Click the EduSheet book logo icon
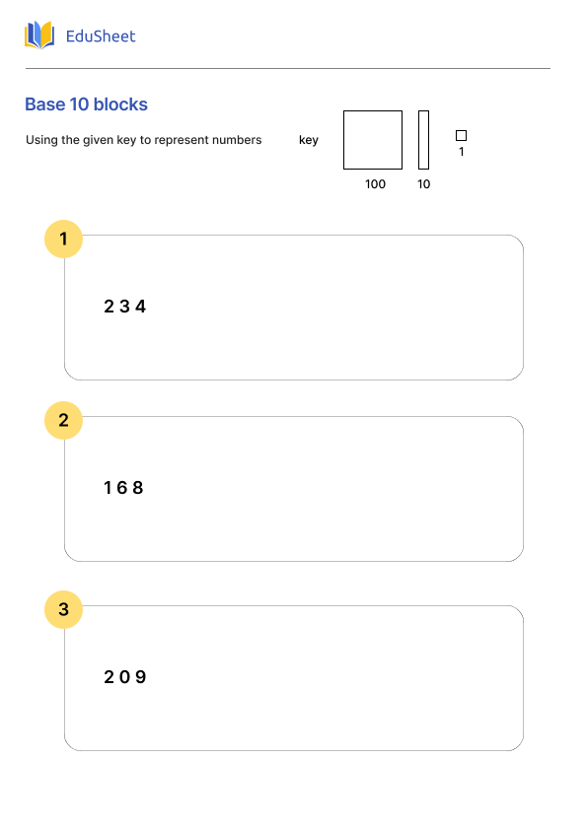click(39, 35)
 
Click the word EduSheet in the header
click(101, 36)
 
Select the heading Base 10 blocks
click(86, 104)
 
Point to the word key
click(309, 140)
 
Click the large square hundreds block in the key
click(373, 140)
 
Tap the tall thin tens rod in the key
click(423, 140)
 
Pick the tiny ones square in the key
click(461, 135)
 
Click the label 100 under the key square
click(375, 184)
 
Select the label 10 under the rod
click(423, 184)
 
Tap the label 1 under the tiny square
click(461, 152)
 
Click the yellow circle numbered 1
click(64, 239)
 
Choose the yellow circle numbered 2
click(64, 420)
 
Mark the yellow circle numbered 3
click(64, 609)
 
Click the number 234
click(124, 307)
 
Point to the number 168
click(123, 488)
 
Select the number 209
click(124, 677)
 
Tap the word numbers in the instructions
click(236, 140)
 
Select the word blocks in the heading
click(120, 104)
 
